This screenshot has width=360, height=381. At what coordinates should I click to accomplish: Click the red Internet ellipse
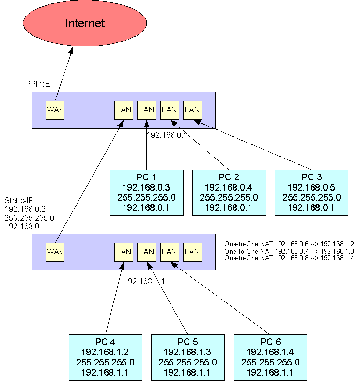coord(85,24)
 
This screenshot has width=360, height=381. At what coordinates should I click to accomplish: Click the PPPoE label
coord(37,84)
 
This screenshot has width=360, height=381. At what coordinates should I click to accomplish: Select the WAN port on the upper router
coord(55,110)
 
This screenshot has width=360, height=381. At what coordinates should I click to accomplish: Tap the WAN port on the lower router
coord(55,252)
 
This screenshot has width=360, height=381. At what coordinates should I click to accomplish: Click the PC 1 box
coord(146,192)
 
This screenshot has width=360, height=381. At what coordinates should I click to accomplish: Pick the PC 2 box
coord(229,192)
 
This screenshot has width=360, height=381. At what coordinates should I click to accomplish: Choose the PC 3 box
coord(312,192)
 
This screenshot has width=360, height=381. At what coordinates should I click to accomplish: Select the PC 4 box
coord(105,357)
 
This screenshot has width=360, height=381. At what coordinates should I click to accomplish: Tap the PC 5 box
coord(188,357)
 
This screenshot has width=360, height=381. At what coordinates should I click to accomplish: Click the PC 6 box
coord(270,357)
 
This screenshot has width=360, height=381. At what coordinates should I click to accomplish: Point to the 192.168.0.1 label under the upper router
coord(168,135)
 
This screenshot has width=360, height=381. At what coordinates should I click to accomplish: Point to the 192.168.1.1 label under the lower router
coord(144,281)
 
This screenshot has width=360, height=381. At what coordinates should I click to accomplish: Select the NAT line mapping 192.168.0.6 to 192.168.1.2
coord(289,243)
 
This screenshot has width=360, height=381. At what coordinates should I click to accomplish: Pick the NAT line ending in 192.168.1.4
coord(289,258)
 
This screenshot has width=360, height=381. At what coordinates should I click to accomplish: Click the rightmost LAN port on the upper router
coord(192,110)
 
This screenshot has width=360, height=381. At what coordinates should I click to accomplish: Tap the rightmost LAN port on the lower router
coord(192,252)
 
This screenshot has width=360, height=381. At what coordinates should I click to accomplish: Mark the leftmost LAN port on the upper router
coord(124,110)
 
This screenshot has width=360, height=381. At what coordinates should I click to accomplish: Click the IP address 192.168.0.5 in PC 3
coord(312,187)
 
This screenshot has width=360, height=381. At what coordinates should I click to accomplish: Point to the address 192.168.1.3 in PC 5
coord(188,352)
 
